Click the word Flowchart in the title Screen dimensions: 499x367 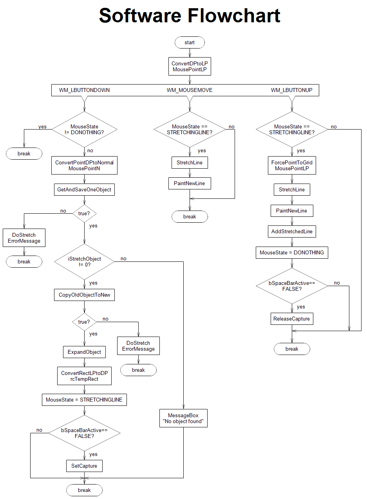coord(234,16)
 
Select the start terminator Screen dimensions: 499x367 coord(190,43)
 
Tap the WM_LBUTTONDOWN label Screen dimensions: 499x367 coord(84,90)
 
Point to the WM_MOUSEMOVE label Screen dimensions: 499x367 coord(190,90)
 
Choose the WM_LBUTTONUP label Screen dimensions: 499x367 coord(291,90)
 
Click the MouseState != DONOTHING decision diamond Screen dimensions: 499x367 coord(84,129)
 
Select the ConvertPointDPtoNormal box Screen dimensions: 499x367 coord(84,166)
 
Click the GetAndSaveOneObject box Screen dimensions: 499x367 coord(84,190)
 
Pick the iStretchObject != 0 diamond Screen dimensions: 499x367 coord(84,261)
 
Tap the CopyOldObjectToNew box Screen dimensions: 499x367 coord(84,295)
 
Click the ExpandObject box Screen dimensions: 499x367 coord(84,352)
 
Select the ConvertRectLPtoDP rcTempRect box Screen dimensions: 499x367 coord(84,376)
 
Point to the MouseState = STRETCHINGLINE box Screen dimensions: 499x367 coord(84,400)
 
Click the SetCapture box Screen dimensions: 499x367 coord(84,466)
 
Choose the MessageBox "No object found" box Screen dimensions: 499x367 coord(183,418)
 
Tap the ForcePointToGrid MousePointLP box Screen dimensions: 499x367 coord(292,166)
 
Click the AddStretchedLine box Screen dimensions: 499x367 coord(292,232)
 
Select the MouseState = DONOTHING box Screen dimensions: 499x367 coord(292,253)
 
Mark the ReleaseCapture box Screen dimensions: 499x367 coord(292,319)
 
